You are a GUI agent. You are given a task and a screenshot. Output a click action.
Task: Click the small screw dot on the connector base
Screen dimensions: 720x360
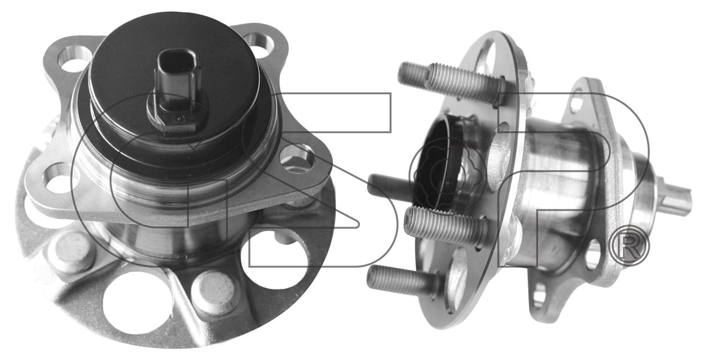(x=181, y=118)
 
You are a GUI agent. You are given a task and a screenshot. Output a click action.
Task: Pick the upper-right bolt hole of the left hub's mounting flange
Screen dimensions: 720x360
(x=259, y=46)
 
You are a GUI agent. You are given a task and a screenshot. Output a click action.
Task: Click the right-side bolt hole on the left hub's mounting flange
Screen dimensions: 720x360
(x=296, y=159)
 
